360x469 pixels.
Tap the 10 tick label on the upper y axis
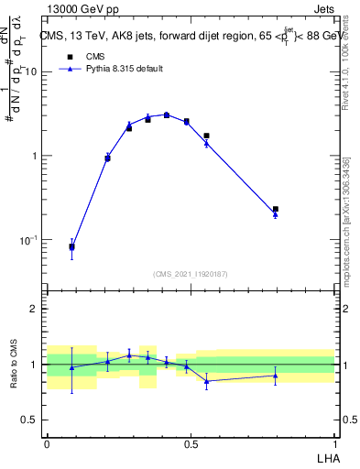point(32,71)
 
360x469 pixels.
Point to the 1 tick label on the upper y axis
point(36,156)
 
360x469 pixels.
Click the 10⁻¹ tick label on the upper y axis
point(30,240)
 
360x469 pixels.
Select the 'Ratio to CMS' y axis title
point(15,365)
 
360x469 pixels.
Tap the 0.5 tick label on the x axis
point(191,442)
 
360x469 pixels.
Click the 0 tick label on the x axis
point(47,442)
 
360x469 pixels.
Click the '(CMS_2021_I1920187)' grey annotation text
point(191,273)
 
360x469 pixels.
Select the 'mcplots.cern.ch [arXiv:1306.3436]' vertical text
point(352,211)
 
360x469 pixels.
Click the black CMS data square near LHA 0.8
point(276,210)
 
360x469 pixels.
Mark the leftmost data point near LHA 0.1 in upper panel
point(72,246)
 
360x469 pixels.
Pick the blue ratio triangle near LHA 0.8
point(276,376)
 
